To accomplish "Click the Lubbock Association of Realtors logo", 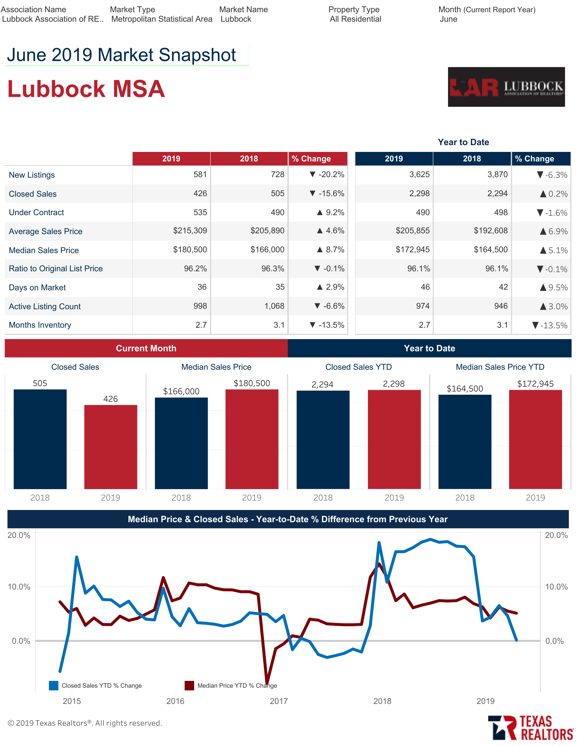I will [x=506, y=87].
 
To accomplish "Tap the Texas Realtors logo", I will [x=530, y=728].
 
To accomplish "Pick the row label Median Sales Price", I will [x=44, y=250].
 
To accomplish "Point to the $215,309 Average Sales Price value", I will [x=190, y=231].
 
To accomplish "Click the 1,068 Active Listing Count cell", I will [x=274, y=306].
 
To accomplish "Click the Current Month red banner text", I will [x=146, y=348].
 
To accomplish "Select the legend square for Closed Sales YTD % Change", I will [x=54, y=686].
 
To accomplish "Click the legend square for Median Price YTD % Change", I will [x=189, y=686].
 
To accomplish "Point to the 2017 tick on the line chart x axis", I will [x=279, y=701].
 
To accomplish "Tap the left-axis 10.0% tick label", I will [x=19, y=587].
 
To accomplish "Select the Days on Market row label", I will [x=37, y=288].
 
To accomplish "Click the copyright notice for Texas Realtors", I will [x=85, y=723].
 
